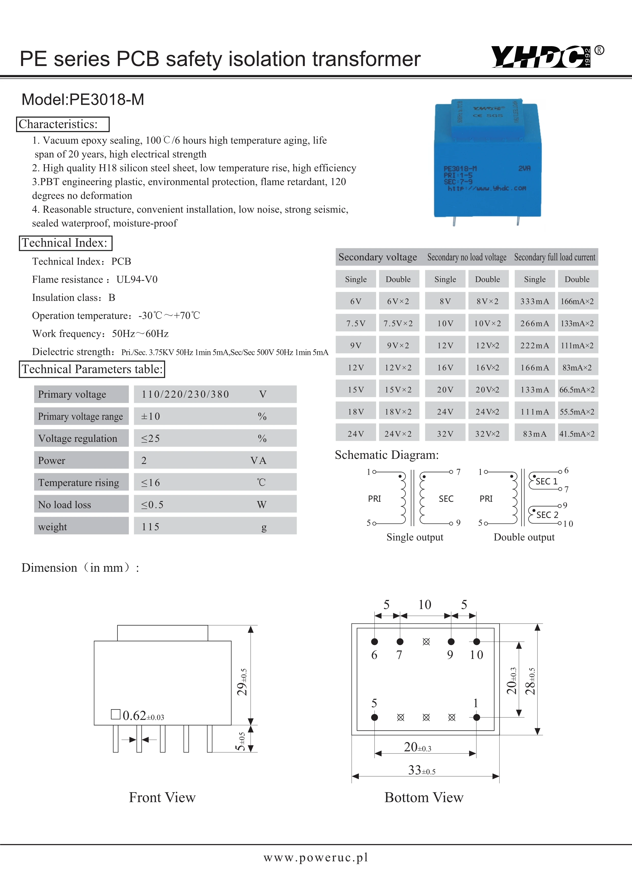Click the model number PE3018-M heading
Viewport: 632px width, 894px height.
[x=83, y=100]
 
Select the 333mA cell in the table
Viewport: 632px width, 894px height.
[x=534, y=301]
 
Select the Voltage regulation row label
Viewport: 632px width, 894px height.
[x=78, y=438]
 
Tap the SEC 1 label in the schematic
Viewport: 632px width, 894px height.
[x=546, y=482]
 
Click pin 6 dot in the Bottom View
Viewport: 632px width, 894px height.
[x=374, y=642]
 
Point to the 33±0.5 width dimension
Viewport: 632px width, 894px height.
[x=422, y=770]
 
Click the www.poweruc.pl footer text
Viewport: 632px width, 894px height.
[x=315, y=857]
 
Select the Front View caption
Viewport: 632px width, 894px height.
[x=162, y=797]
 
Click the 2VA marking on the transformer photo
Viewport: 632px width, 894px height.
[x=524, y=168]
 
